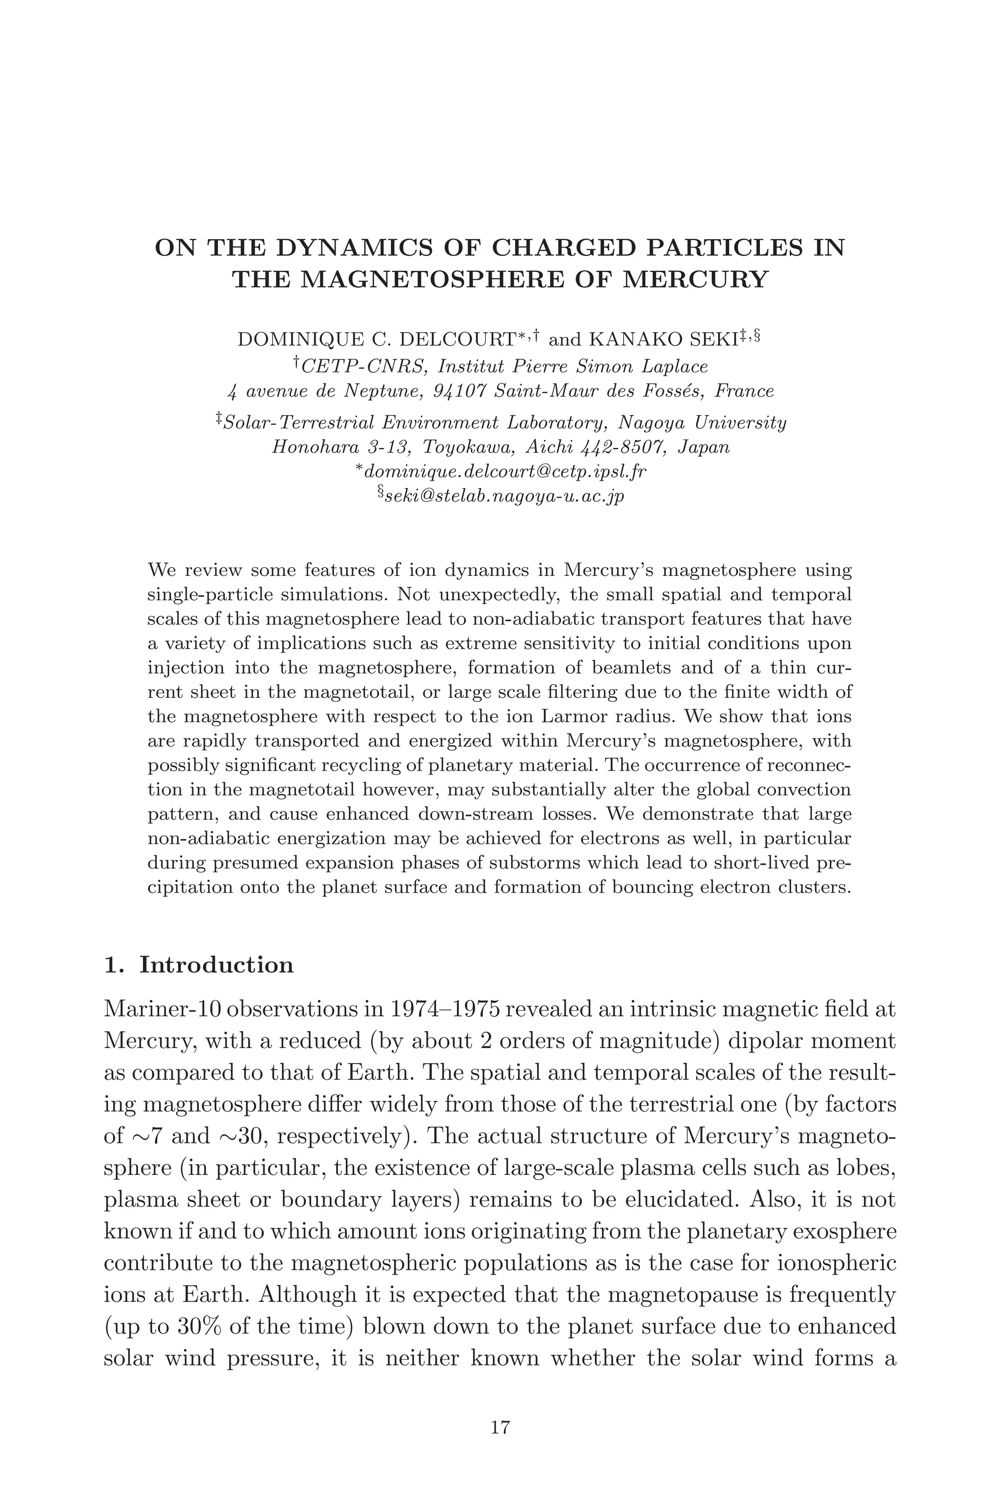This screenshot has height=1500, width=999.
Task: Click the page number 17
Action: pos(500,1427)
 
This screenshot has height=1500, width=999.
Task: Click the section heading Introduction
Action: pos(217,965)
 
